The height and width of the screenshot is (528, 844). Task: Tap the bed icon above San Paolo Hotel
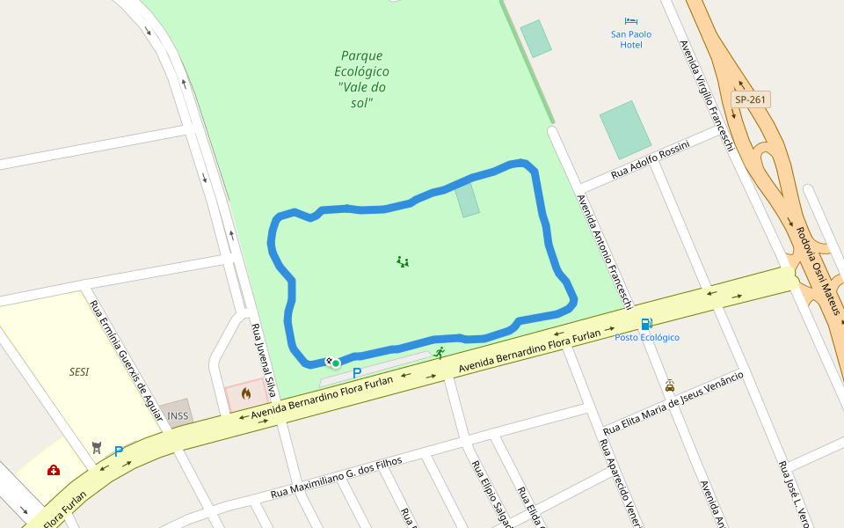click(x=631, y=21)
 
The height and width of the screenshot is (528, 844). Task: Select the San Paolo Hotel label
click(x=631, y=40)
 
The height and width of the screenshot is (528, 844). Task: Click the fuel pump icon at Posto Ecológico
click(x=646, y=325)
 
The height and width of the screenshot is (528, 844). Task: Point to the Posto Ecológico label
click(x=647, y=337)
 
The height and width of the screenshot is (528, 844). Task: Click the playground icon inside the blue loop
click(x=403, y=261)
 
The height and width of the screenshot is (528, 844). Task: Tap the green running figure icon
click(x=439, y=352)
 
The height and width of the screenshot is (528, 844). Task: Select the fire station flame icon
click(x=246, y=393)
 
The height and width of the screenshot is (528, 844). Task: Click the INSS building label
click(x=178, y=415)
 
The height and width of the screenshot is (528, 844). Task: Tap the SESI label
click(x=79, y=371)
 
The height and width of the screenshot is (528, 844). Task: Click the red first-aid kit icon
click(x=54, y=471)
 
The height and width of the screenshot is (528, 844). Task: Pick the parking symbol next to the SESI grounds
click(x=119, y=451)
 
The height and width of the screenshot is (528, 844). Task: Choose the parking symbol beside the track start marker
click(x=357, y=373)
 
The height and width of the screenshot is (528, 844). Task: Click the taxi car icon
click(x=670, y=385)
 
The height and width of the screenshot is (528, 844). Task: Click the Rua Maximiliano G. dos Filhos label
click(x=336, y=477)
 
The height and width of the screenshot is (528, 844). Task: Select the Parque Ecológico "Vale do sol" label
click(x=361, y=79)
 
